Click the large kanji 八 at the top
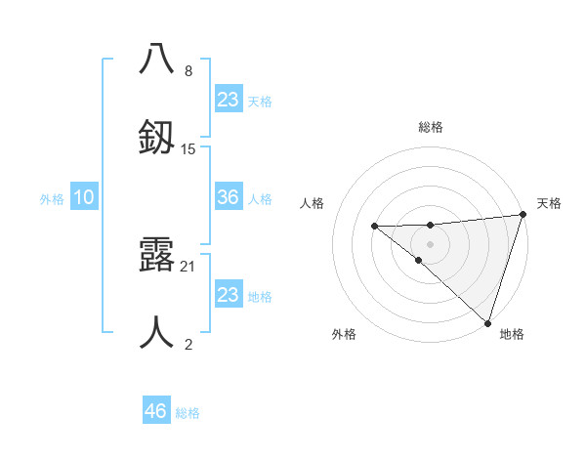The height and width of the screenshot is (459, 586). pos(157,58)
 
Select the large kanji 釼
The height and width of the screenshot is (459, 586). pos(157,136)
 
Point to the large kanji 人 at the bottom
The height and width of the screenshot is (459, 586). pos(157,331)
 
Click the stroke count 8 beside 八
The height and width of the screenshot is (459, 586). pos(188,71)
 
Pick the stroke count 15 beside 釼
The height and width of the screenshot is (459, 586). pos(188,149)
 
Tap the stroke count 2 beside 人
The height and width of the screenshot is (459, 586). pos(188,345)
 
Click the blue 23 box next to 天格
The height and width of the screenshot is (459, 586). pos(229,99)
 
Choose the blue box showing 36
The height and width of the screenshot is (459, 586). pos(229,197)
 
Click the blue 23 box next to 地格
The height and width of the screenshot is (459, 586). pos(229,295)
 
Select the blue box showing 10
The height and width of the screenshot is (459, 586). pos(84,197)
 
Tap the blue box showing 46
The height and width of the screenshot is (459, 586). pos(156,411)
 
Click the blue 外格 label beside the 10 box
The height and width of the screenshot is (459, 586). pos(52,199)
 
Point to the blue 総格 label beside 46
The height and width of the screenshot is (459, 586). pos(188,413)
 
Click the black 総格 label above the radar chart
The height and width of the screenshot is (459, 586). pos(431,127)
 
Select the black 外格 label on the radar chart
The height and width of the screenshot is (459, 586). pos(344,335)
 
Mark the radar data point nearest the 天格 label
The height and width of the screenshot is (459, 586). pos(522,215)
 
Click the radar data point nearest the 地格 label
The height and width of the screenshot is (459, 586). pos(487,322)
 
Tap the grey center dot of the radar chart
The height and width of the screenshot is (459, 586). pos(430,243)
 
